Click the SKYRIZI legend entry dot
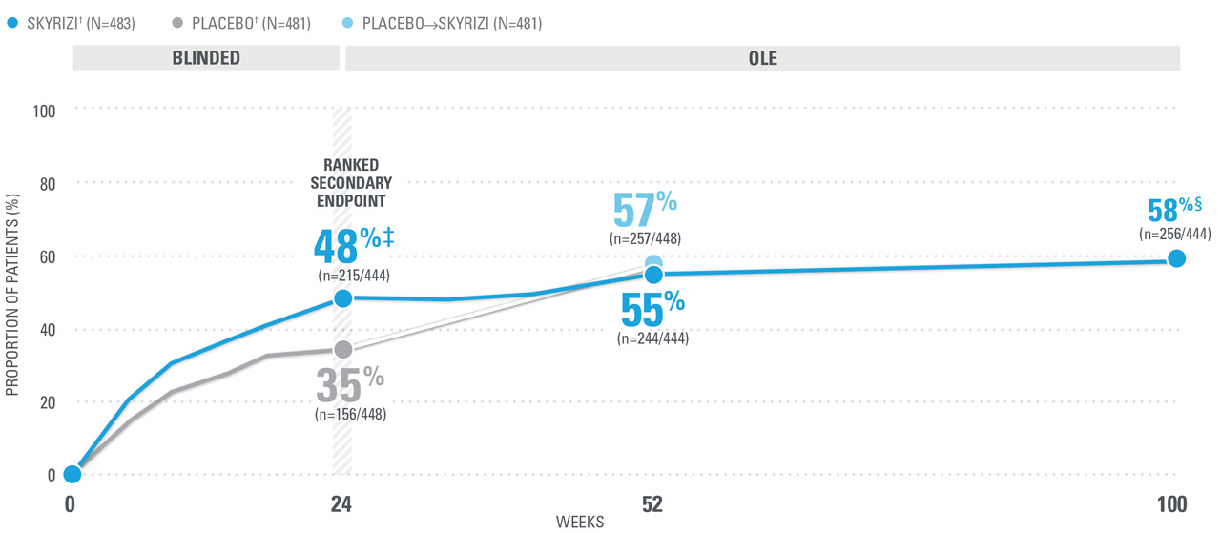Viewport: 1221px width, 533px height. pos(10,22)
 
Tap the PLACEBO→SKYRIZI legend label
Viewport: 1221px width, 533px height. pos(451,22)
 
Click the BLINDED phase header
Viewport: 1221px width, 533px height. pos(206,58)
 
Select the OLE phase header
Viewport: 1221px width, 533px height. pos(762,58)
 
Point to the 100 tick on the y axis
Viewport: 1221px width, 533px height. pos(45,111)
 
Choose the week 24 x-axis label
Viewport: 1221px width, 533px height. pos(341,504)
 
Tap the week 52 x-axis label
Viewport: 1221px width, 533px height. pos(652,504)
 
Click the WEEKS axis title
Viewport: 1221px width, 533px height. pos(580,523)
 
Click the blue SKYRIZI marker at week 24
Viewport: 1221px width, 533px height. pos(342,298)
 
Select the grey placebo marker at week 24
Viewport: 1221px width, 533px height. pos(342,349)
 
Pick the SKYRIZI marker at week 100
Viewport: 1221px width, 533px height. pos(1176,258)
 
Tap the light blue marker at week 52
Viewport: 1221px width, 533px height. pos(653,263)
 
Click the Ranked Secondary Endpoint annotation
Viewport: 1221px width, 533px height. pos(352,181)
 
